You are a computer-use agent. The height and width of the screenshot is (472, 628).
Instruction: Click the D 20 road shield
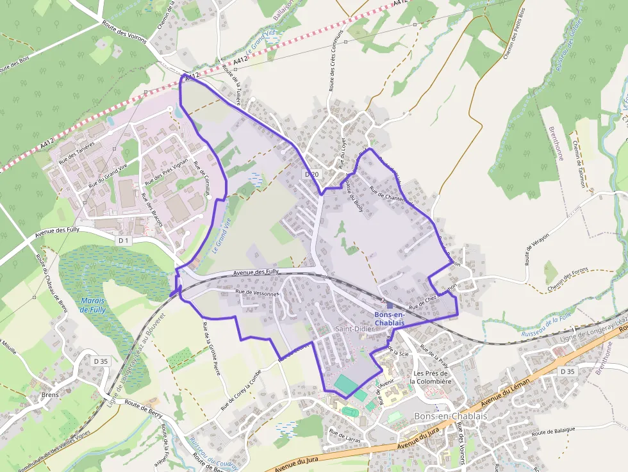pos(311,174)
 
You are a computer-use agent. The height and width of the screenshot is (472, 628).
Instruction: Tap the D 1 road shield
pos(124,240)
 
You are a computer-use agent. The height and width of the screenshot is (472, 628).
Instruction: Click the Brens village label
pos(49,395)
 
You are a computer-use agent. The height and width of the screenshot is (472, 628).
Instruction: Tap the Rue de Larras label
pos(345,436)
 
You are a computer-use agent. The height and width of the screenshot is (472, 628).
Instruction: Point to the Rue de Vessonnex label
pos(258,292)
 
